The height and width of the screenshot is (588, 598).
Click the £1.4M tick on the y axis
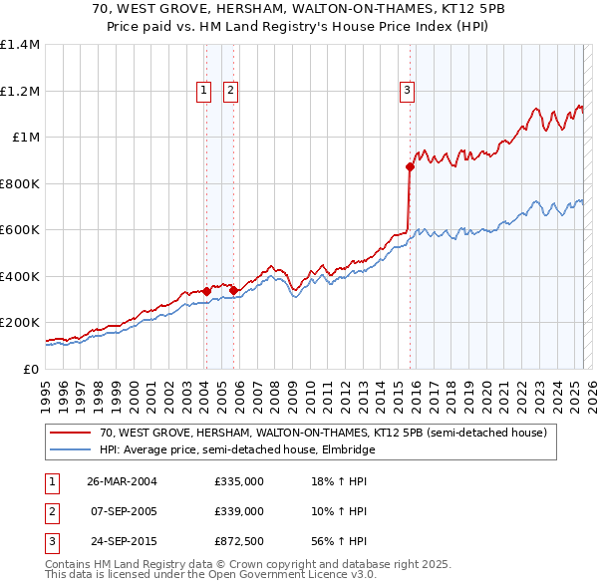coord(20,45)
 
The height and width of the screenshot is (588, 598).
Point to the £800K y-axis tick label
coord(20,183)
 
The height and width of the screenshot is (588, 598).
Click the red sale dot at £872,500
coord(410,167)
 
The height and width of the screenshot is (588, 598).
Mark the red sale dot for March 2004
coord(206,291)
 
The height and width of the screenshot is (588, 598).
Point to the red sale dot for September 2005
coord(232,290)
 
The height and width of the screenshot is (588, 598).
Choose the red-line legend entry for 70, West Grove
coord(323,434)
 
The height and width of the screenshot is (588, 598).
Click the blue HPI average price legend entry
coord(236,450)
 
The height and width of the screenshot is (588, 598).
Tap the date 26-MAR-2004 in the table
coord(122,481)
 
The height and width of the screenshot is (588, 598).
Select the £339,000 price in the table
coord(239,511)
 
